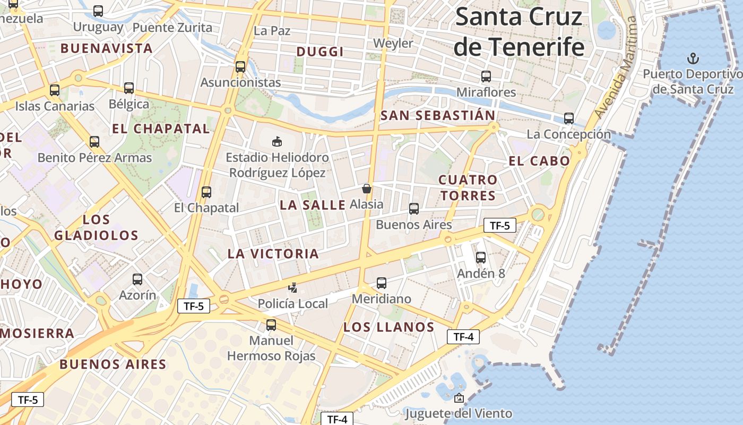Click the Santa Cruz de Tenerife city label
pyautogui.click(x=519, y=32)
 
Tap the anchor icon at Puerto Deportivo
pyautogui.click(x=692, y=58)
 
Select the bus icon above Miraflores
pyautogui.click(x=486, y=76)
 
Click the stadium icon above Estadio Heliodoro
pyautogui.click(x=277, y=141)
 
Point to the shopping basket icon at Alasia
pyautogui.click(x=366, y=189)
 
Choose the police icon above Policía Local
pyautogui.click(x=292, y=288)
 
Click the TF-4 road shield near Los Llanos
pyautogui.click(x=463, y=337)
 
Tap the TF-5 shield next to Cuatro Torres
pyautogui.click(x=499, y=225)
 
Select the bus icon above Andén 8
pyautogui.click(x=481, y=258)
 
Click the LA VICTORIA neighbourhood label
pyautogui.click(x=273, y=254)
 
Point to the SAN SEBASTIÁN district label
pyautogui.click(x=438, y=115)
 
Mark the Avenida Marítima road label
pyautogui.click(x=616, y=67)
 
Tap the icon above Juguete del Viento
pyautogui.click(x=459, y=398)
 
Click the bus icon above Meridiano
pyautogui.click(x=382, y=283)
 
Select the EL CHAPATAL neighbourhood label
pyautogui.click(x=161, y=129)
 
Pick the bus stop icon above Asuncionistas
pyautogui.click(x=240, y=67)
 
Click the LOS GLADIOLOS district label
pyautogui.click(x=96, y=227)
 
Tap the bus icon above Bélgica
pyautogui.click(x=129, y=88)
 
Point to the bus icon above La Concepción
pyautogui.click(x=569, y=118)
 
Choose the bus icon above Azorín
pyautogui.click(x=137, y=279)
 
